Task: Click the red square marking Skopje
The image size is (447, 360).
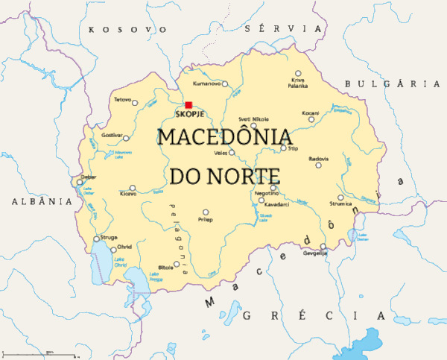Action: pyautogui.click(x=188, y=105)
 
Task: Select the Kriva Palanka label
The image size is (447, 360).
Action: pyautogui.click(x=298, y=83)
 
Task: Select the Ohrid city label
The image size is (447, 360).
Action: pyautogui.click(x=125, y=247)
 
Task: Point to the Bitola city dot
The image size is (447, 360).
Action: pyautogui.click(x=177, y=263)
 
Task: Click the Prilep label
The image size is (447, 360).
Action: pyautogui.click(x=205, y=220)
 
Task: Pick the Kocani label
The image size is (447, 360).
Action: pyautogui.click(x=310, y=113)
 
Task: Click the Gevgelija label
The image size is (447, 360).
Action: pyautogui.click(x=315, y=253)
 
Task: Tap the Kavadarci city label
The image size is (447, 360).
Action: pyautogui.click(x=276, y=203)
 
